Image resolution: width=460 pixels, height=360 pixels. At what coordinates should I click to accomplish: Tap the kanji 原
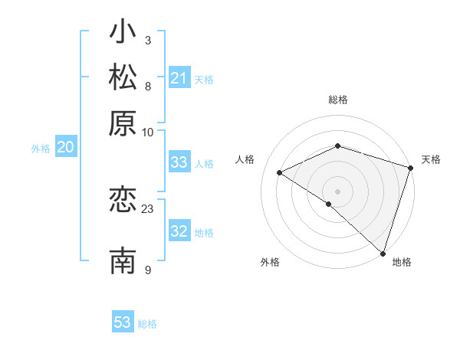click(x=123, y=123)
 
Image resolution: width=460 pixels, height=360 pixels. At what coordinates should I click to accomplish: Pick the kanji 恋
click(x=123, y=200)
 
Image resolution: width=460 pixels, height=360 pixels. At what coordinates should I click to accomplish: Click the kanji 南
click(x=123, y=260)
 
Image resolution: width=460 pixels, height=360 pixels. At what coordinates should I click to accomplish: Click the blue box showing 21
click(x=179, y=78)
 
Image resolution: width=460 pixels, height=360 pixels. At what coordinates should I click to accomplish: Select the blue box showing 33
click(x=179, y=162)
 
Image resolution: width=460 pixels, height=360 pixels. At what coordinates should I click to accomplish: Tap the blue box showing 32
click(x=179, y=231)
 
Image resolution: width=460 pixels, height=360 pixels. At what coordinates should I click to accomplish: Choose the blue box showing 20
click(x=65, y=148)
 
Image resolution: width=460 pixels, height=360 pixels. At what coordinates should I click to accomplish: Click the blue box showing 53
click(x=123, y=322)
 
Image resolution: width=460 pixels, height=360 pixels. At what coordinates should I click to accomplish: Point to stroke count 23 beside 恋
click(x=148, y=208)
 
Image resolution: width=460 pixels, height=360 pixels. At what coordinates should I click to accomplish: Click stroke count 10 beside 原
click(x=148, y=132)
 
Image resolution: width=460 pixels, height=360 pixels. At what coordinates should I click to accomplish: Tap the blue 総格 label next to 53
click(x=147, y=324)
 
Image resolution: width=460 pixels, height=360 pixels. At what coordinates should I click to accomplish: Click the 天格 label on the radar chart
click(x=431, y=159)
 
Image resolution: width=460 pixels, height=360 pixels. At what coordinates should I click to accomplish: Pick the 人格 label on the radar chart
click(x=245, y=159)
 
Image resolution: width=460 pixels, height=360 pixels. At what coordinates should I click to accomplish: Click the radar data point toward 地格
click(x=383, y=252)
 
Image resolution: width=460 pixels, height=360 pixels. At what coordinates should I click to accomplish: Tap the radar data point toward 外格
click(x=328, y=204)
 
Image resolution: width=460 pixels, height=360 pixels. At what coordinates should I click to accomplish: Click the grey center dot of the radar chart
click(x=337, y=191)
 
